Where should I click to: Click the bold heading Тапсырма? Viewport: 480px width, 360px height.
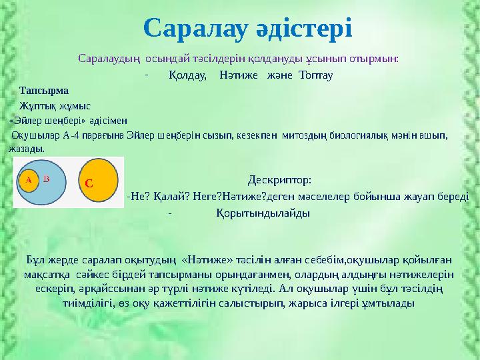[44, 90]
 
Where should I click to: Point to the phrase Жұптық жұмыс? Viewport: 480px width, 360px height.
[55, 106]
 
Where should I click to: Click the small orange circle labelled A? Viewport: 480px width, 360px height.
[28, 179]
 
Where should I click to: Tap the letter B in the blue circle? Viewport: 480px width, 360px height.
[46, 179]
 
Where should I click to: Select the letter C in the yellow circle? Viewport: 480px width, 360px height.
[88, 181]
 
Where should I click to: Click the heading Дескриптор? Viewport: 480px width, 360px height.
[279, 180]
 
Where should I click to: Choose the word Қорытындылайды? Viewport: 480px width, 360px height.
[263, 213]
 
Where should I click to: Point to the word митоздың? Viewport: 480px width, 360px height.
[303, 135]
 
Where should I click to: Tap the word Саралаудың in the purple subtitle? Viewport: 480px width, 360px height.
[109, 58]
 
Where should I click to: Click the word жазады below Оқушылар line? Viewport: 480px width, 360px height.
[27, 149]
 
